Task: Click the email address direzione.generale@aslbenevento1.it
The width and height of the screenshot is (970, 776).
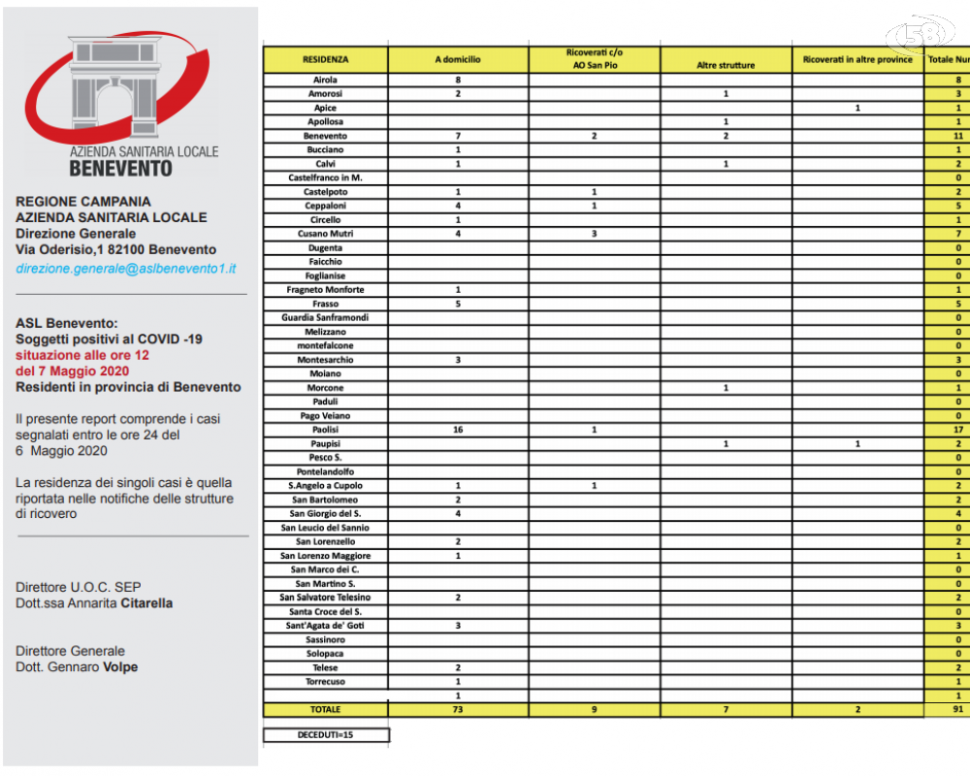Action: pos(126,268)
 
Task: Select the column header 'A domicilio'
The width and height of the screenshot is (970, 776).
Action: pos(457,59)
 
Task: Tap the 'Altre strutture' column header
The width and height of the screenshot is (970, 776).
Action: pos(726,65)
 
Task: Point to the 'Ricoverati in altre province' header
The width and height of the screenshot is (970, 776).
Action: pos(857,59)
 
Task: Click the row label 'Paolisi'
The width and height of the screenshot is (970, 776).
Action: pos(325,429)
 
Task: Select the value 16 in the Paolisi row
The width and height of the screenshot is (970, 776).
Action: pos(457,429)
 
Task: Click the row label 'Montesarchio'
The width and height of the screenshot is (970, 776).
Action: pos(325,359)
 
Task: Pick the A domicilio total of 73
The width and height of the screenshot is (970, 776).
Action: pos(457,709)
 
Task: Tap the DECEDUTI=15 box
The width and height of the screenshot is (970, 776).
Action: pos(326,735)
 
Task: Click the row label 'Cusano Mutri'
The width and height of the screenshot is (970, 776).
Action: pos(325,234)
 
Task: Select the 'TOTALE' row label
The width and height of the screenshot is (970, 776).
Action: pos(325,709)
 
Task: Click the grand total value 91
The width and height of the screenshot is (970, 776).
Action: pos(957,709)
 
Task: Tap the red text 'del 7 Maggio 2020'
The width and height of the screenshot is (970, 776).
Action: pos(73,371)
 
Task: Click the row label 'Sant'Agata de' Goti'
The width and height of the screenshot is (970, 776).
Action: pos(325,626)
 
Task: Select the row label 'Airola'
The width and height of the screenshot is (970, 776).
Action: pos(325,80)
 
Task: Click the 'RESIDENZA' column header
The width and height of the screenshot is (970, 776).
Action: pos(325,59)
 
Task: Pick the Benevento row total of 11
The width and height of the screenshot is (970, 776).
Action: pos(957,136)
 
